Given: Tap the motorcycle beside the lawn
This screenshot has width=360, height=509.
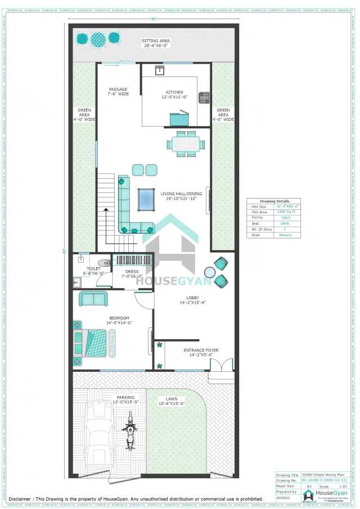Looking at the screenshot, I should coord(130,431).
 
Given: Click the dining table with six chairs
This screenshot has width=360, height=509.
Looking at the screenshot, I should coord(184,144).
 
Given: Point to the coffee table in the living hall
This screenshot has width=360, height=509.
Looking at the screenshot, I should coord(146,199).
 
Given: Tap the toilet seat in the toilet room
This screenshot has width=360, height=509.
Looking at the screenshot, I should coord(103,263).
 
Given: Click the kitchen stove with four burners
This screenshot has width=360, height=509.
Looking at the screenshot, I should coord(204,98).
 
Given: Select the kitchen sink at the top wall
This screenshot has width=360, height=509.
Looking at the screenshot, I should coord(159,70).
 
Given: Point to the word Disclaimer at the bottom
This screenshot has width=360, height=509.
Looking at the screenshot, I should coord(23,499).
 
